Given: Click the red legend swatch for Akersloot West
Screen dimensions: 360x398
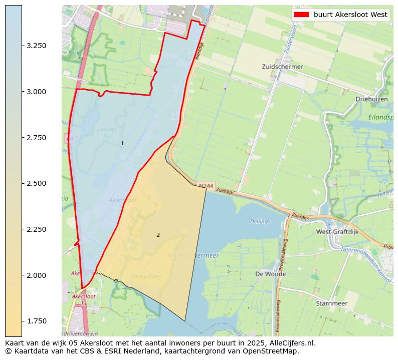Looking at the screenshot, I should pos(302,15).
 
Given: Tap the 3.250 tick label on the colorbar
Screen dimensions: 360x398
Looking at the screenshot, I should pos(37,46).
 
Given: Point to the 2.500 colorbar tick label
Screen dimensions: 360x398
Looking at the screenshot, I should pos(37,183).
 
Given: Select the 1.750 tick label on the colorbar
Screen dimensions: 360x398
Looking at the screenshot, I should pos(37,321).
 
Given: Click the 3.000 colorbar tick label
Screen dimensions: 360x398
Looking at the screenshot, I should pos(37,92).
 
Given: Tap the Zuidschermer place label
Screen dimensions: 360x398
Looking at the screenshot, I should pos(282,67).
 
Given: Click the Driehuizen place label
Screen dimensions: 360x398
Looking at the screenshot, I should pos(371,99).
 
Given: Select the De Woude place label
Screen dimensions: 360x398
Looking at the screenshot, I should pos(270,274).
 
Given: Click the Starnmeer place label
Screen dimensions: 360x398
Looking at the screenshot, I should pos(331,303).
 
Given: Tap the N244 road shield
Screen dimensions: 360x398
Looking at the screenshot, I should pos(206,186).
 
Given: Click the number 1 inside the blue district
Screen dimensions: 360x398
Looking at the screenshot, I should pos(122,144).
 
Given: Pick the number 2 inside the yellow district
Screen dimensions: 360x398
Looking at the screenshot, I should pos(158,235).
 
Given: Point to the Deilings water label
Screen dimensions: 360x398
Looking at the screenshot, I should pos(260,221).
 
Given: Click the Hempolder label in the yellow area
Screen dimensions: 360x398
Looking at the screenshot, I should pos(145,276).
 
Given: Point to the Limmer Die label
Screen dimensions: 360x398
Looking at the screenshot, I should pos(107,133).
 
